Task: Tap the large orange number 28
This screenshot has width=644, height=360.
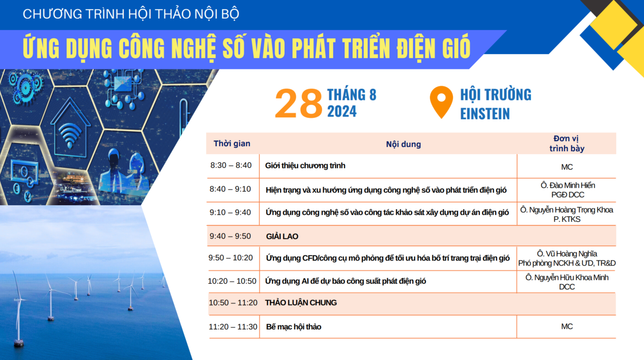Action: [x=299, y=103]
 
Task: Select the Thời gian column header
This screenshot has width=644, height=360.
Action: [x=232, y=144]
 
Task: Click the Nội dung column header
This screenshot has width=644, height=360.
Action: [x=403, y=144]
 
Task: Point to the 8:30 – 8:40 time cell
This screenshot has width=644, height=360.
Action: [x=231, y=166]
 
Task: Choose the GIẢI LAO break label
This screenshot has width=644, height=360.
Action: [x=282, y=237]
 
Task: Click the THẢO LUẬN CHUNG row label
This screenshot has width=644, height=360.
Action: [x=301, y=303]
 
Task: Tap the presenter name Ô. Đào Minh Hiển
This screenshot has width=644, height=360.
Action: [x=568, y=185]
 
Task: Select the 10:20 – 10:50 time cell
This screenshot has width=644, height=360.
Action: [x=232, y=281]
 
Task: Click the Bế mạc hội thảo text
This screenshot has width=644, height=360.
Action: [x=294, y=327]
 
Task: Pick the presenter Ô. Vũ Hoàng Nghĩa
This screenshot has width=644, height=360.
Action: [x=567, y=254]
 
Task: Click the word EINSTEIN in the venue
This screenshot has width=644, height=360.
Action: [x=485, y=114]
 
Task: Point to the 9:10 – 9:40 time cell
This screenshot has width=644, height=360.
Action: [x=230, y=213]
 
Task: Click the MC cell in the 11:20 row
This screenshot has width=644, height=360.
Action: [x=567, y=327]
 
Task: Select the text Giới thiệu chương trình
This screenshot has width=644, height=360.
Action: [x=305, y=166]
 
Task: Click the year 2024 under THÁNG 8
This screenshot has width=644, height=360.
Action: [x=342, y=112]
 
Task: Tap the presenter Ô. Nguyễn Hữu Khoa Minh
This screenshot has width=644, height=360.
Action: [x=567, y=278]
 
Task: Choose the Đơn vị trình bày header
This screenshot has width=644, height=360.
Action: [x=567, y=144]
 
